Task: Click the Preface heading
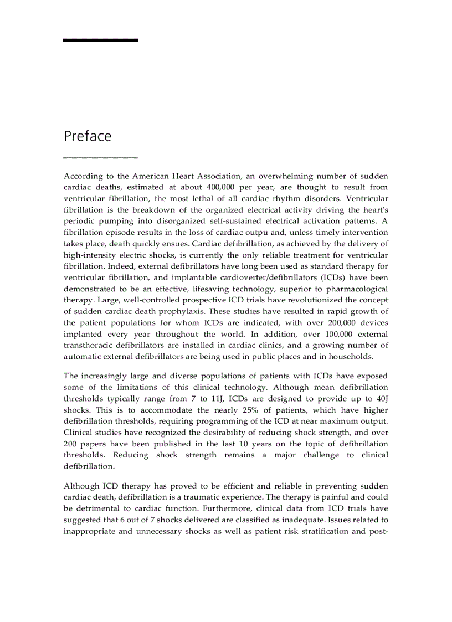pos(88,136)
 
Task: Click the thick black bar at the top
pos(100,40)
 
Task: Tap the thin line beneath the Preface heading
pos(100,158)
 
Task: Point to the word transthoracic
pos(90,345)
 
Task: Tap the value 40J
pos(380,398)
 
